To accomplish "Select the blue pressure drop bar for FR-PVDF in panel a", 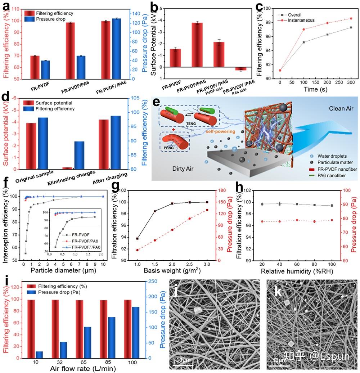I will point(45,70).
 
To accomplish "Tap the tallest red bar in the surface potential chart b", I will point(197,45).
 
